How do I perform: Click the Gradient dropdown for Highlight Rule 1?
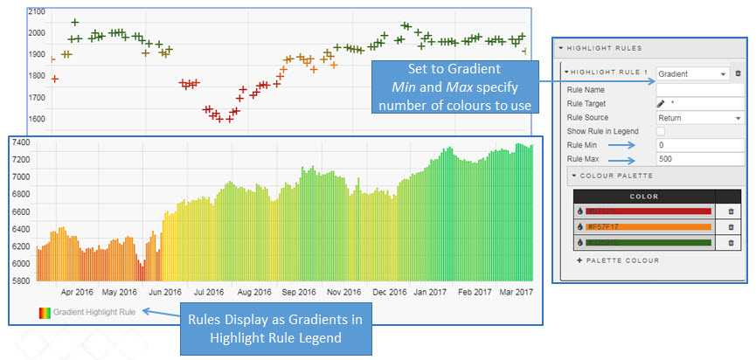click(691, 74)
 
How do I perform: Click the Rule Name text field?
click(699, 89)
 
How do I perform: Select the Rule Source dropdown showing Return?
click(699, 117)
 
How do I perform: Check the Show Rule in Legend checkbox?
click(661, 131)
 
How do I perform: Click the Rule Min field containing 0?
click(699, 145)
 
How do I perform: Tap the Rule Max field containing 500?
click(699, 159)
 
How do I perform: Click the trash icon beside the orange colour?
click(731, 227)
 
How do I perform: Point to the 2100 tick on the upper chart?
click(37, 12)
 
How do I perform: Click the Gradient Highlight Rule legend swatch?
click(44, 311)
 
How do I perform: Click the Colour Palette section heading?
click(615, 176)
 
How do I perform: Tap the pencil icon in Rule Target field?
click(661, 103)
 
